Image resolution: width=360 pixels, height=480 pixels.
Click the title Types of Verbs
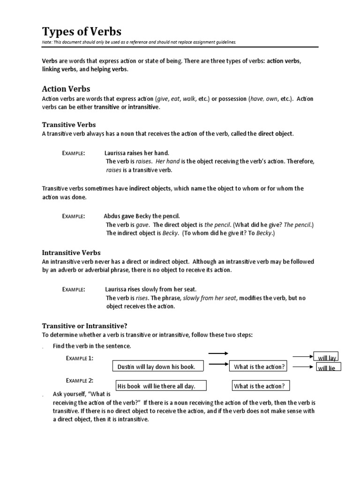(x=82, y=31)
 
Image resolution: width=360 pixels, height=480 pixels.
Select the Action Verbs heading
(x=66, y=89)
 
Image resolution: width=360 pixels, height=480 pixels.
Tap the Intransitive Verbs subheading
(x=71, y=253)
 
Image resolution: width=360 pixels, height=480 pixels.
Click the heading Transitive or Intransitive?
(x=85, y=326)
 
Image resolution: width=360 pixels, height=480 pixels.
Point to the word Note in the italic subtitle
(x=47, y=42)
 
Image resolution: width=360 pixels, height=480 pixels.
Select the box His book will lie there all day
(x=156, y=386)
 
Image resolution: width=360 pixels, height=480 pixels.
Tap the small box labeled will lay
(x=327, y=358)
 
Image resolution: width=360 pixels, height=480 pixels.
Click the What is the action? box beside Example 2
(x=259, y=386)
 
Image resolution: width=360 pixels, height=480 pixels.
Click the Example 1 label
(x=79, y=358)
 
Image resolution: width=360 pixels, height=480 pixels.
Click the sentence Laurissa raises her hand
(x=136, y=153)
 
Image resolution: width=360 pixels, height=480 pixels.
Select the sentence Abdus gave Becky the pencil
(x=142, y=216)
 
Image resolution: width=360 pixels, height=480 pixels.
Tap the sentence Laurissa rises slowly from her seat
(x=150, y=289)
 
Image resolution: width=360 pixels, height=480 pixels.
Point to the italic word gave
(x=142, y=225)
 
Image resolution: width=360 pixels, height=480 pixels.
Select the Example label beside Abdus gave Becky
(x=74, y=216)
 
